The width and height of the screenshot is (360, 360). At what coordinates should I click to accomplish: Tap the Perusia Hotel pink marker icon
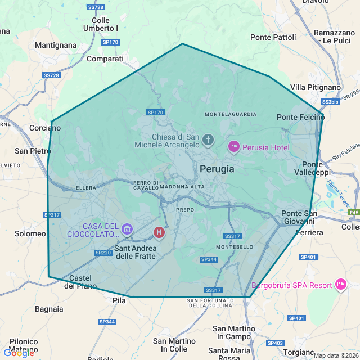pyautogui.click(x=233, y=147)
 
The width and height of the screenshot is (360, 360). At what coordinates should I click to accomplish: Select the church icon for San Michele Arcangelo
pyautogui.click(x=209, y=139)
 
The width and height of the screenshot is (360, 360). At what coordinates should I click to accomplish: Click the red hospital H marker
pyautogui.click(x=159, y=232)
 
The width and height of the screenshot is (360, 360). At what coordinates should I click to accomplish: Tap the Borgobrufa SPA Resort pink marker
pyautogui.click(x=340, y=285)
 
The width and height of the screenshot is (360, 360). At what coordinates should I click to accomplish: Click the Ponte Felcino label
pyautogui.click(x=301, y=117)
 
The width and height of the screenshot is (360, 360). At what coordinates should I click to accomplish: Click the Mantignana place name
pyautogui.click(x=55, y=44)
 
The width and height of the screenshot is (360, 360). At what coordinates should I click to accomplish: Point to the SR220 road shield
pyautogui.click(x=103, y=253)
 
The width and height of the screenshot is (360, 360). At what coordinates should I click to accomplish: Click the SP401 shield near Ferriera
pyautogui.click(x=309, y=257)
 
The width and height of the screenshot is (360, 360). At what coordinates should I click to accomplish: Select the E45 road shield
pyautogui.click(x=353, y=213)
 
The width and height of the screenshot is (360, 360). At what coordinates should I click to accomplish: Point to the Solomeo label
pyautogui.click(x=30, y=233)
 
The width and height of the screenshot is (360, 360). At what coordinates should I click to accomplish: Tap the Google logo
pyautogui.click(x=19, y=353)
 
